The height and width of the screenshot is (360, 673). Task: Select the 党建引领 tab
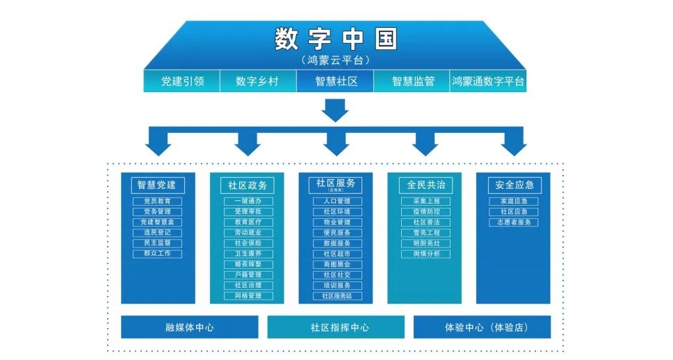coord(182,81)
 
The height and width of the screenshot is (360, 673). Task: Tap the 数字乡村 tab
coord(257,81)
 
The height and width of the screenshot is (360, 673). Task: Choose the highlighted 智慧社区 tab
coord(336,81)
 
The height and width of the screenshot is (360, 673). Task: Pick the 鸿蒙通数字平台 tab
coord(488,81)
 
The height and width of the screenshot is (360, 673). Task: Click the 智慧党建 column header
coord(157,185)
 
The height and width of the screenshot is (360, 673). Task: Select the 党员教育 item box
coord(157,202)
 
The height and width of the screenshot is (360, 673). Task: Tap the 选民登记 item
coord(157,233)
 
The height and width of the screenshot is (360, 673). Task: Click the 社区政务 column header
coord(247,186)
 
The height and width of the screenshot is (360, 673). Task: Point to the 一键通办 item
coord(248,202)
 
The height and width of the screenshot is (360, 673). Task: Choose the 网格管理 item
coord(248,296)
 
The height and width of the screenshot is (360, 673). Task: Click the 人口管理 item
coord(336,202)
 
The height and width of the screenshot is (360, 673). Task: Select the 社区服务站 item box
coord(336,296)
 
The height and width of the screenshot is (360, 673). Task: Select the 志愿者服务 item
coord(514,222)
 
